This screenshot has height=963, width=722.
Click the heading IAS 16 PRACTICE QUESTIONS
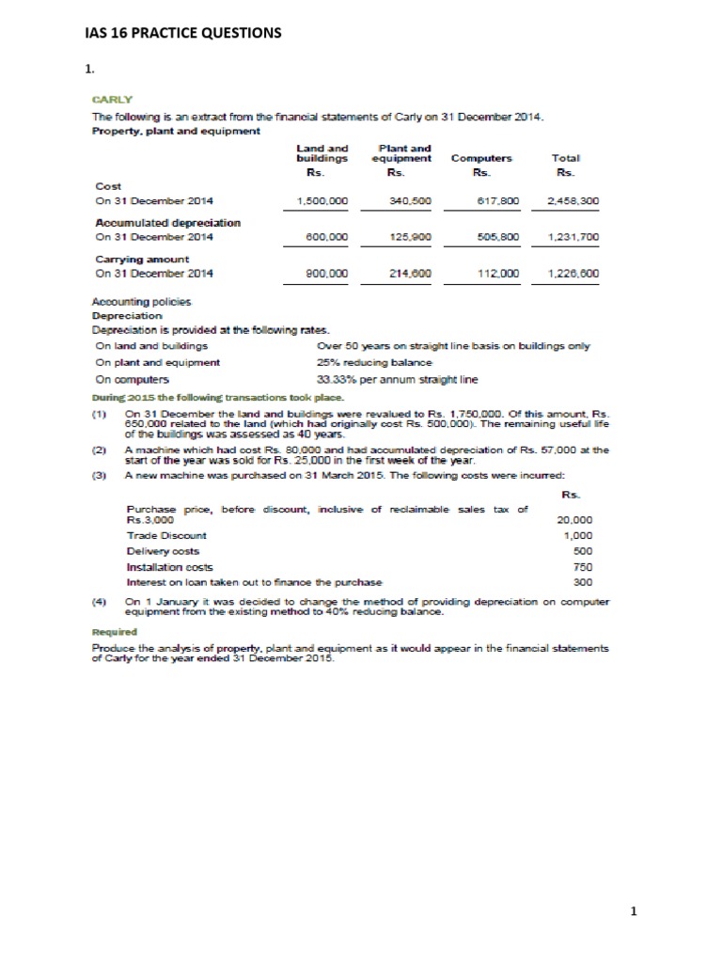[182, 34]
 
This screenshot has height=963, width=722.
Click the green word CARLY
[113, 98]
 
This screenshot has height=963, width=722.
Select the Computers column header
[481, 159]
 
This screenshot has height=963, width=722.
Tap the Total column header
[566, 159]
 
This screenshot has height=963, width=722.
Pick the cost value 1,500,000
[322, 201]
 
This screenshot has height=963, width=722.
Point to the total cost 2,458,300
[573, 201]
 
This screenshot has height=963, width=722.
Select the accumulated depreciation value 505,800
[494, 238]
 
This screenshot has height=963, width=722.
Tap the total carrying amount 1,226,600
[573, 274]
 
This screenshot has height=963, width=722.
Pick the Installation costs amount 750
[583, 567]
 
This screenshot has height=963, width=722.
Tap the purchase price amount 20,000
[575, 519]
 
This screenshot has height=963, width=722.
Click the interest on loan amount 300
[583, 583]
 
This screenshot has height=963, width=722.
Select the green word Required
[113, 632]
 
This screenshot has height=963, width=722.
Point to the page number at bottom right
[634, 910]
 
